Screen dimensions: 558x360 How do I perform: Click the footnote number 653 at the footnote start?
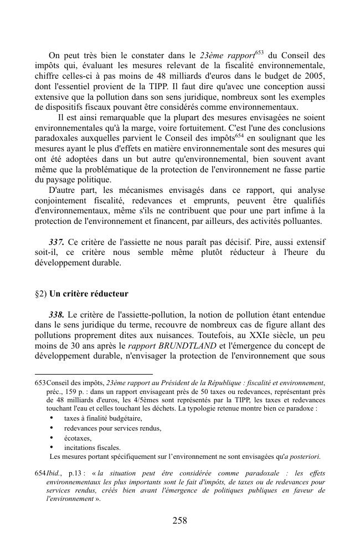[x=40, y=383]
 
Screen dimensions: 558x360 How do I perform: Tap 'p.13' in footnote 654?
[x=75, y=474]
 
